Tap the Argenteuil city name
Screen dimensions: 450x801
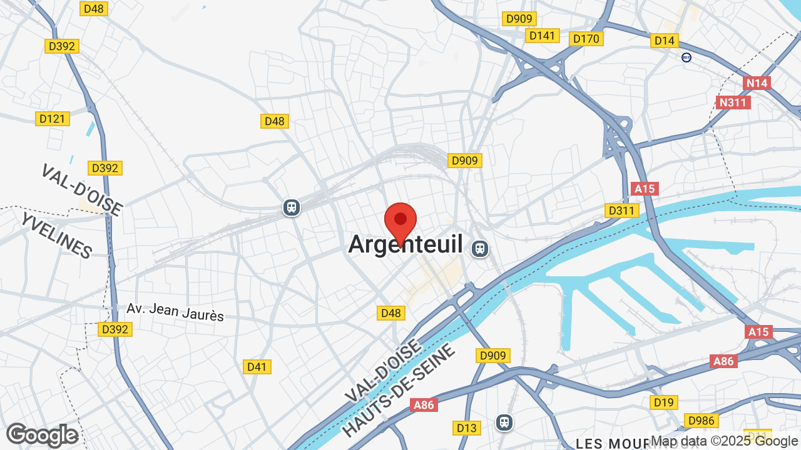tap(406, 244)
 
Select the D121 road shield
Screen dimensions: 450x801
tap(52, 119)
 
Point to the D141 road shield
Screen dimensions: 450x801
tap(542, 36)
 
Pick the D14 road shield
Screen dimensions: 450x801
tap(665, 41)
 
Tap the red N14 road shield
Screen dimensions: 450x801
tap(757, 82)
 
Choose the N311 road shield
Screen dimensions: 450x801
tap(733, 102)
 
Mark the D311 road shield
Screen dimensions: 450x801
tap(622, 211)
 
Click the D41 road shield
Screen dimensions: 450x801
tap(257, 367)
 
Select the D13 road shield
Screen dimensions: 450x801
tap(467, 428)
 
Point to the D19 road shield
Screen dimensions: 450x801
tap(663, 402)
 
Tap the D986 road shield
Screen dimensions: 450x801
tap(701, 421)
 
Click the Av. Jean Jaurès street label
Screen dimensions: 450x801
tap(175, 312)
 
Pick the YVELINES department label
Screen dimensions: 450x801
tap(56, 235)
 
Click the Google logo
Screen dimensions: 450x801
tap(42, 435)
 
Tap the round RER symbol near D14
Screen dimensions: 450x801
tap(686, 57)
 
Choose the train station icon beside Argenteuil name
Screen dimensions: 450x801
tap(480, 249)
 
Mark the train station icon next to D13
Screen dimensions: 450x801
tap(504, 422)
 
